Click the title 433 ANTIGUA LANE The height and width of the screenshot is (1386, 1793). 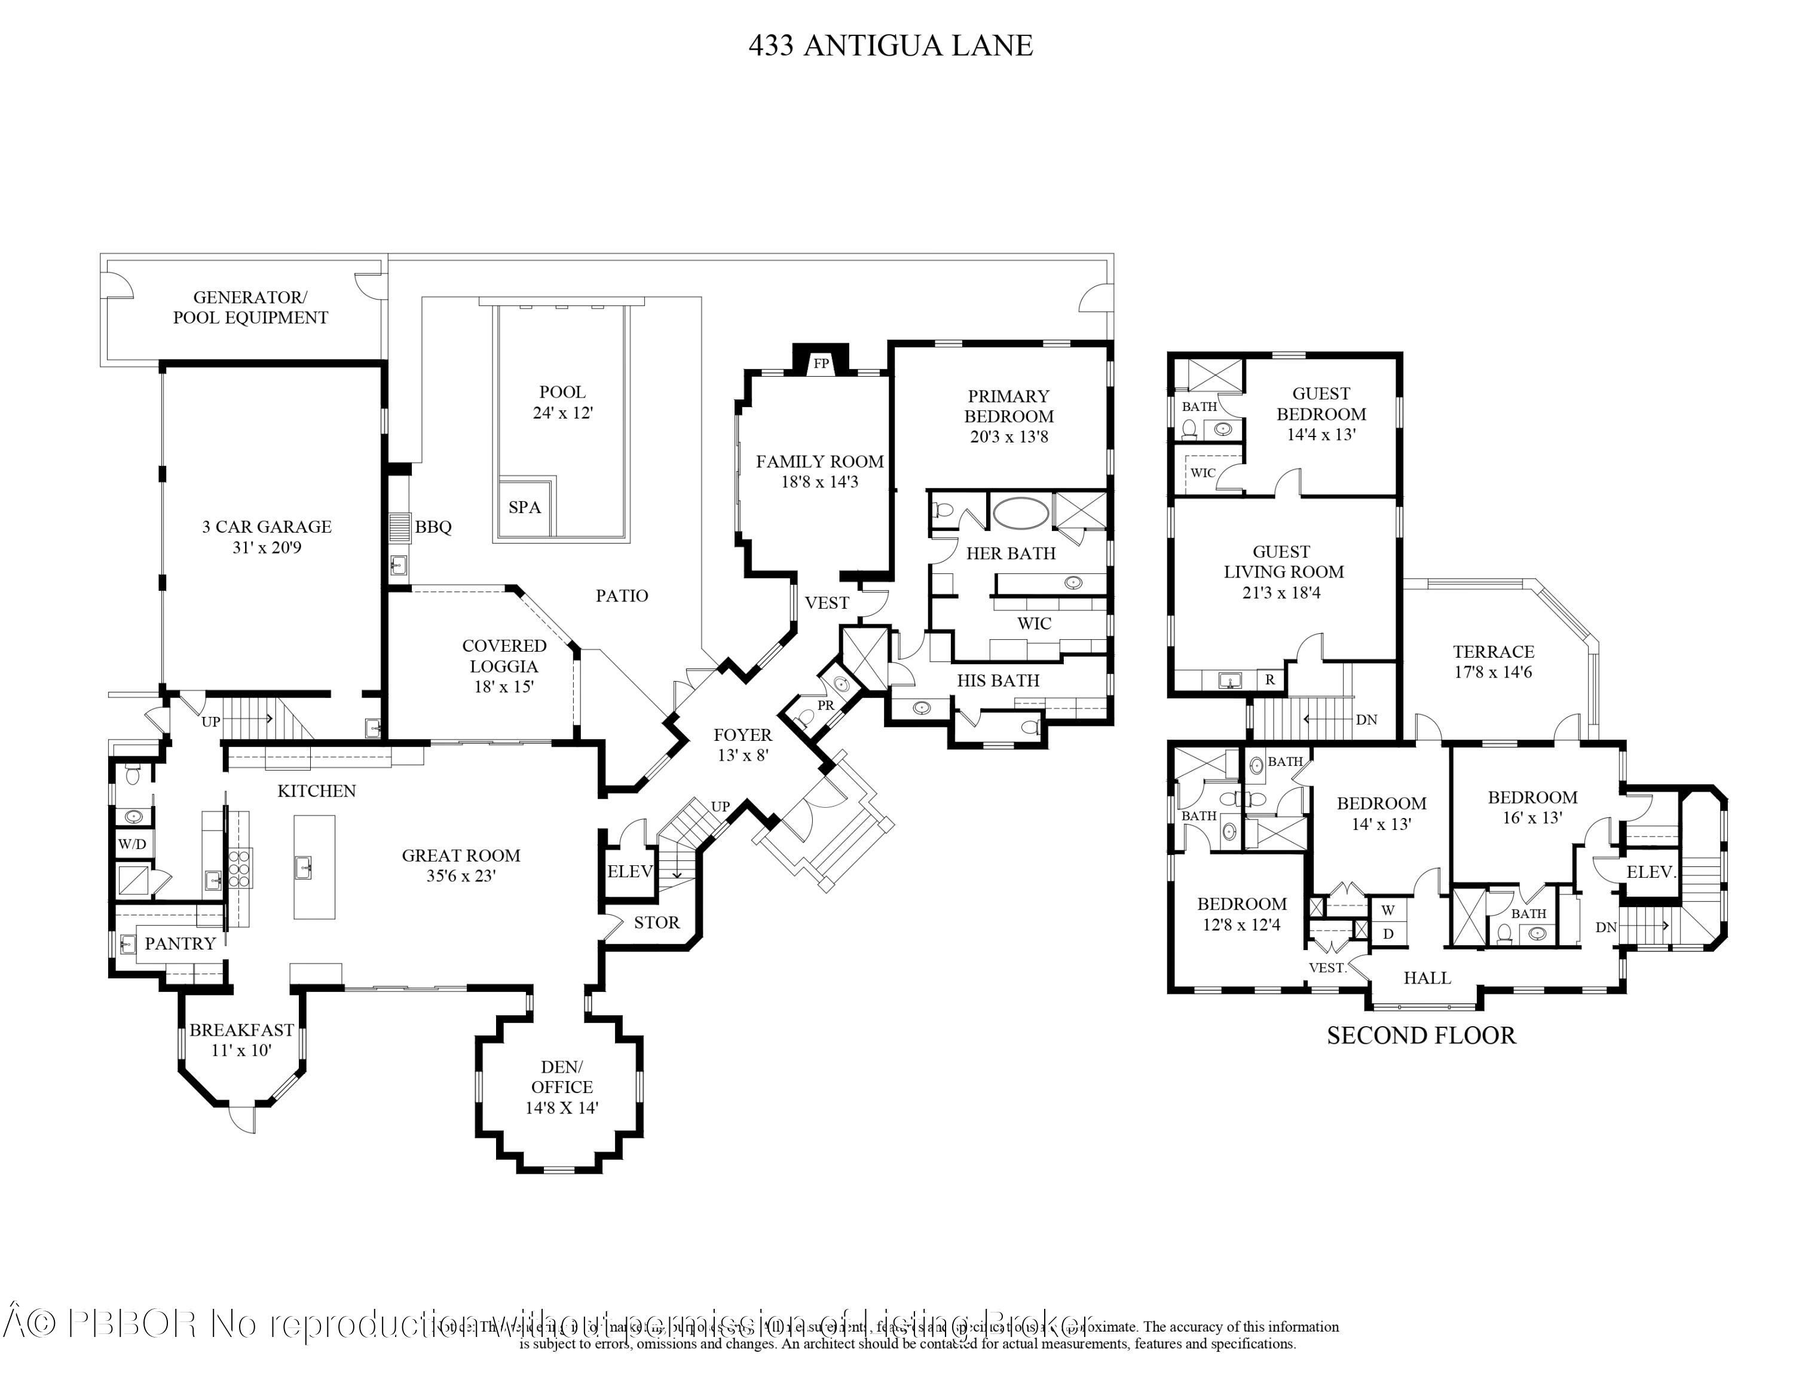click(x=890, y=46)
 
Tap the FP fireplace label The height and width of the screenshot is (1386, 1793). click(x=821, y=364)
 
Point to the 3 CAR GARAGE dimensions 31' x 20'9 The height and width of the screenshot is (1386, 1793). click(x=267, y=548)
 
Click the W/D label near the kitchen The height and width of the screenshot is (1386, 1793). click(x=132, y=844)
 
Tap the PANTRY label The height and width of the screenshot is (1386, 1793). click(x=180, y=944)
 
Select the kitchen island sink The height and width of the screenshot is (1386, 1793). click(x=304, y=865)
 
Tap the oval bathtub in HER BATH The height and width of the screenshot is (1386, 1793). click(x=1020, y=515)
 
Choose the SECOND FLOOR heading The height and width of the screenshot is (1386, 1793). click(x=1421, y=1036)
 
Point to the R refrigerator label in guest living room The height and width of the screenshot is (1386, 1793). click(x=1270, y=679)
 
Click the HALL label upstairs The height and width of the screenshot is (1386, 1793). click(x=1427, y=978)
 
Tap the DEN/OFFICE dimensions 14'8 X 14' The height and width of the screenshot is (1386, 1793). click(x=562, y=1107)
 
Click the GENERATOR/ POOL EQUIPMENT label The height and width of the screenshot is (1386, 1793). click(x=250, y=308)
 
